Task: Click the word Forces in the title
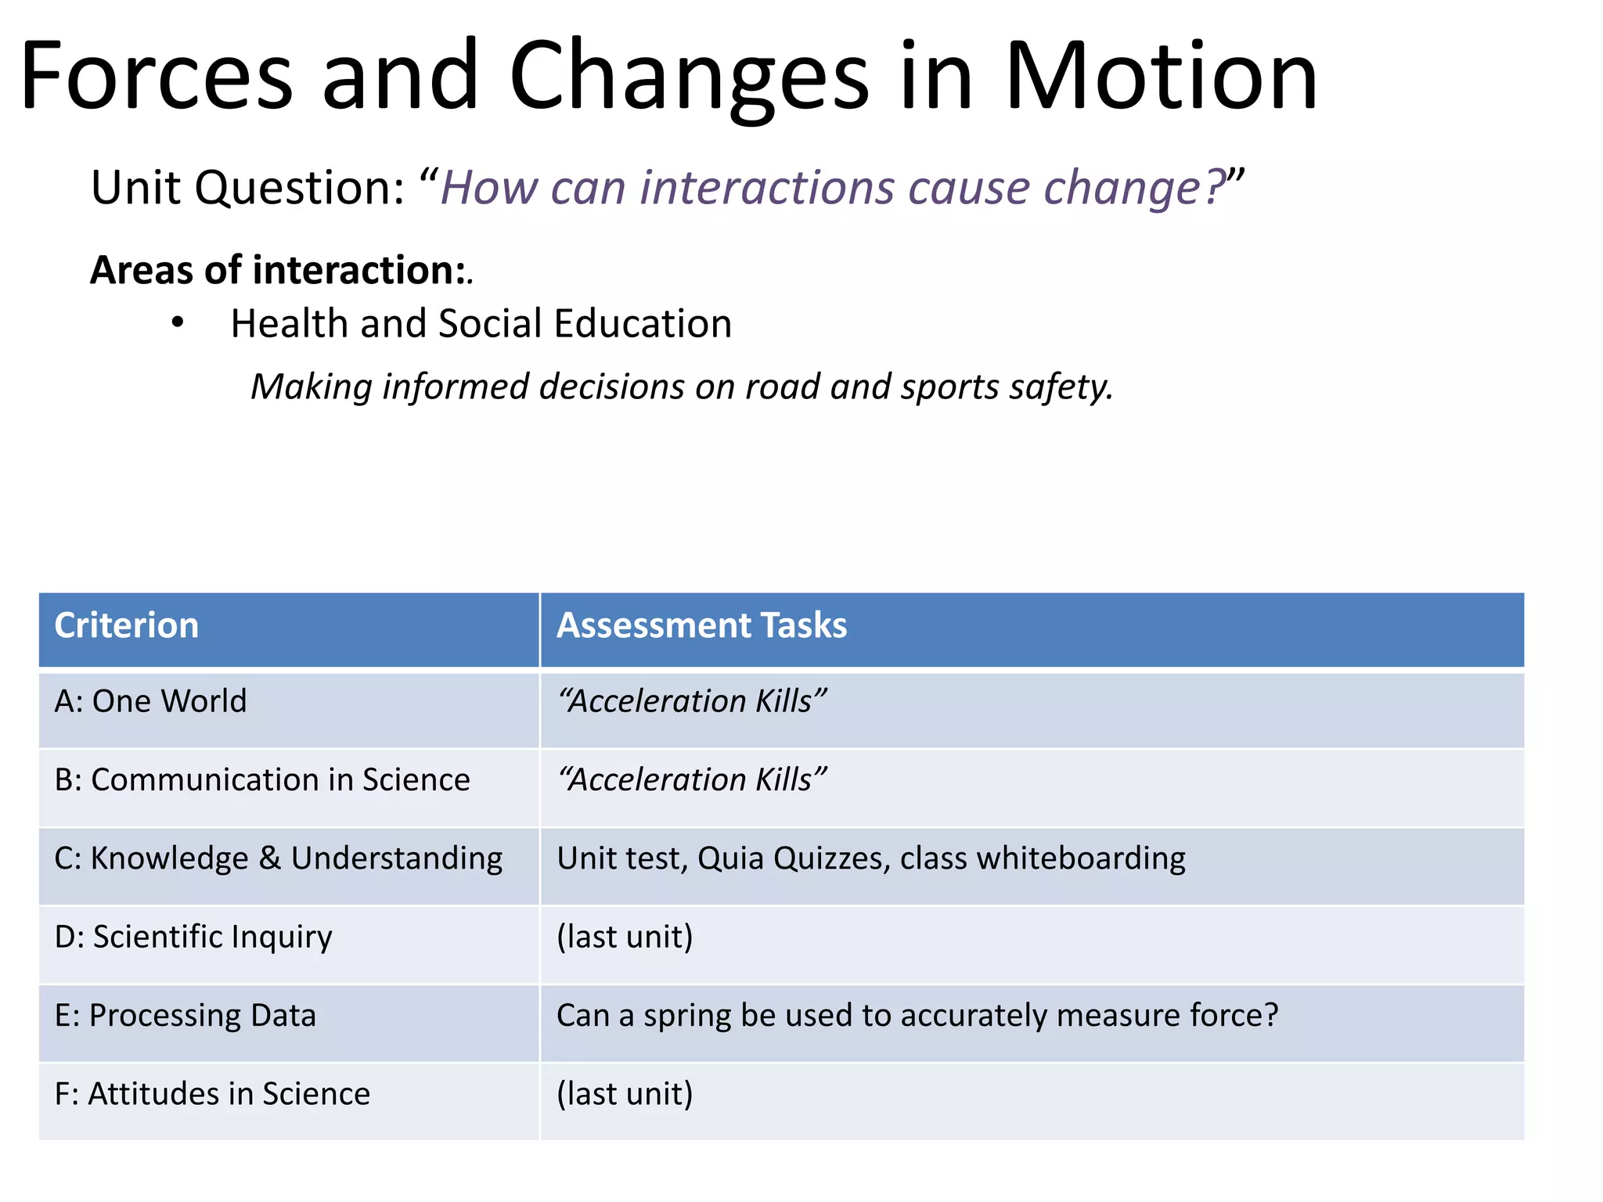click(157, 77)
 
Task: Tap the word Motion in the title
click(1161, 77)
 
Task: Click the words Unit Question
click(247, 189)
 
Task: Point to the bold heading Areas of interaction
click(278, 271)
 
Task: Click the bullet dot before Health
click(178, 322)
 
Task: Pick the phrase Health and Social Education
click(481, 324)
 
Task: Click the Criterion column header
click(127, 626)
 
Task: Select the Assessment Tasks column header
click(701, 626)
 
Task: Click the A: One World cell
click(150, 701)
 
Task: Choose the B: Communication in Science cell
click(262, 780)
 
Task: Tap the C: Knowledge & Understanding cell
click(278, 858)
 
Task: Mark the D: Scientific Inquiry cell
click(193, 937)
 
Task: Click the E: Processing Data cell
click(186, 1016)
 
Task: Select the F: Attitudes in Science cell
click(212, 1094)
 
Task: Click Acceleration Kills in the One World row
click(692, 701)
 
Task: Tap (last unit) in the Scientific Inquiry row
click(625, 937)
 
